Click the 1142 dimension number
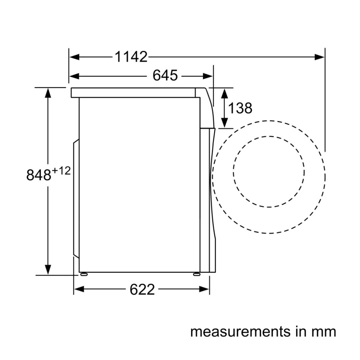point(131,57)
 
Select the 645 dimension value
point(165,75)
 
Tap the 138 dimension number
point(240,108)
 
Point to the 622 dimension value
point(142,290)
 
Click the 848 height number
point(39,175)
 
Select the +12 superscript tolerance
point(61,171)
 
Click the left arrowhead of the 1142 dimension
point(74,57)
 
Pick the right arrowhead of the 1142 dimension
point(319,57)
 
